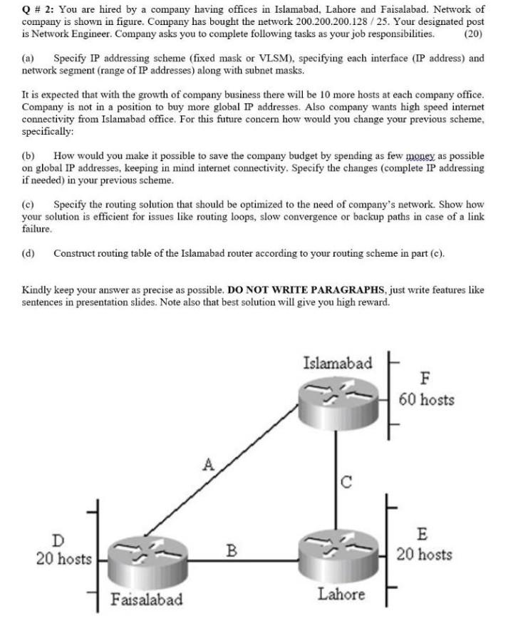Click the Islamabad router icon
[x=336, y=399]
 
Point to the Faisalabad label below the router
[x=146, y=599]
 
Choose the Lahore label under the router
[x=341, y=594]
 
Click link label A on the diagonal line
[x=207, y=466]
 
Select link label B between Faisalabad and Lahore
[x=231, y=550]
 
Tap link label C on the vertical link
[x=346, y=482]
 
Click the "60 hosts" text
[x=426, y=399]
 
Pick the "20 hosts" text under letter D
[x=64, y=559]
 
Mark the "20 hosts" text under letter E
[x=424, y=554]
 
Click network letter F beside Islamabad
[x=426, y=378]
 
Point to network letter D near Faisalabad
[x=57, y=540]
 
